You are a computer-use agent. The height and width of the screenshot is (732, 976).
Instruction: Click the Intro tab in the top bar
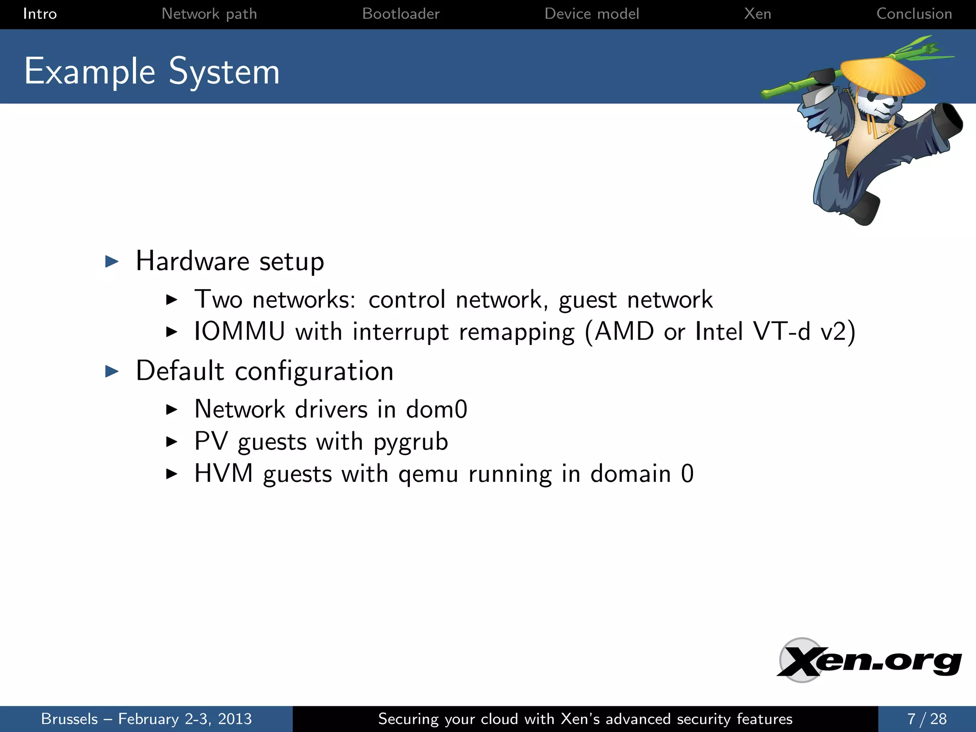pos(40,14)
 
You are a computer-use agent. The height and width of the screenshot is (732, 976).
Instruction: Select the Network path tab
pos(209,14)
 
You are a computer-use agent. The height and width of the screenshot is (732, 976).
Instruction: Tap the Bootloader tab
pos(401,14)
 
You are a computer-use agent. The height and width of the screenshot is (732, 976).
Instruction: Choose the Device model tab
pos(591,14)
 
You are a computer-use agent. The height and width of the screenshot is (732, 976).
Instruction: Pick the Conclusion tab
pos(914,14)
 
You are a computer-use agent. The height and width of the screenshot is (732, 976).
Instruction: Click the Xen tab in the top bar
pos(757,14)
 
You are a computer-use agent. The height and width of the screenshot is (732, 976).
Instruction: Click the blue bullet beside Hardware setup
pos(112,261)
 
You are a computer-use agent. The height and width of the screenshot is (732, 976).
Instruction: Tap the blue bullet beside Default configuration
pos(112,371)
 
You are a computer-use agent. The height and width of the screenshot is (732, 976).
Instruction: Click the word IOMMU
pos(239,331)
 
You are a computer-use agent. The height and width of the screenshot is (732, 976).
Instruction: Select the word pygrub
pos(411,442)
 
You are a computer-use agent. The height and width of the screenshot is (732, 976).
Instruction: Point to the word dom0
pos(437,409)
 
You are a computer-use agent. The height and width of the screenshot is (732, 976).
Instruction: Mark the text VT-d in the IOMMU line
pos(782,331)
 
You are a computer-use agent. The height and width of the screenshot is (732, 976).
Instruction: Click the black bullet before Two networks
pos(172,300)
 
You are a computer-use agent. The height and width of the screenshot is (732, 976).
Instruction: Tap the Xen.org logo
pos(868,661)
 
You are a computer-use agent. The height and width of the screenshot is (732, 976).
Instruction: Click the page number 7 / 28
pos(927,719)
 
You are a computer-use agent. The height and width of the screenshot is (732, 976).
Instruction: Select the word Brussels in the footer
pos(70,719)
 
